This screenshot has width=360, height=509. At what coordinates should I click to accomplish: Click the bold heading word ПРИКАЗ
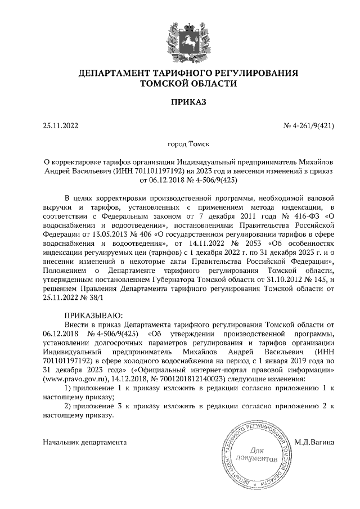(x=180, y=102)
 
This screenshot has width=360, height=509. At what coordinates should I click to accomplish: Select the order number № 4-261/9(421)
(x=309, y=126)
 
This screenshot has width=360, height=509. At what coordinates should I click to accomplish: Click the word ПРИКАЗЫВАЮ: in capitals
(x=93, y=314)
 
